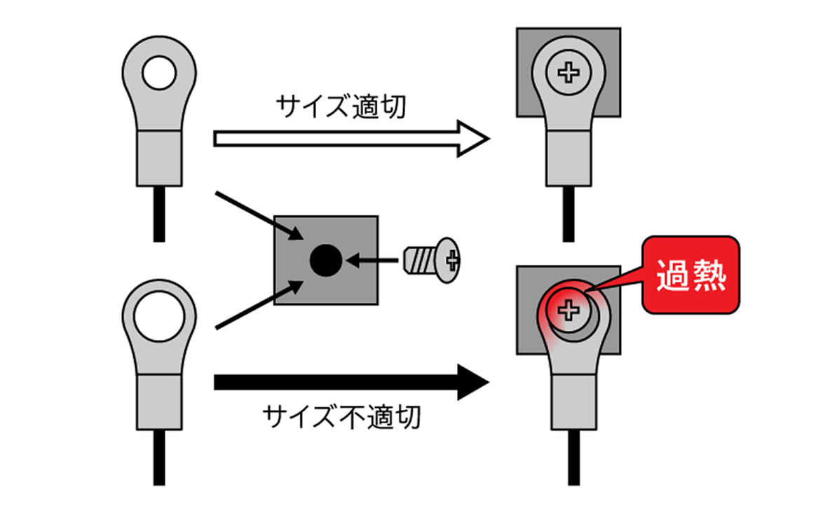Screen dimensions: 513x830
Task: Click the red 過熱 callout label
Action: (690, 277)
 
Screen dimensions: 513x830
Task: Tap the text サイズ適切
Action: (341, 107)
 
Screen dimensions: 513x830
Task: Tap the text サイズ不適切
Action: (341, 417)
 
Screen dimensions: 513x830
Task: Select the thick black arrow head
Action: (472, 382)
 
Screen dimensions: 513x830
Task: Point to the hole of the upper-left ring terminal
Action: (158, 72)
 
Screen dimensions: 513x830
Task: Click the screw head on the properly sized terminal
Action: (569, 71)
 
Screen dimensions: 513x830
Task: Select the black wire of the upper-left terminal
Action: (159, 214)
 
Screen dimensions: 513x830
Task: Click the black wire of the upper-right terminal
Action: (569, 214)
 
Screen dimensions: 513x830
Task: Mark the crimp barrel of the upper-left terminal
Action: (158, 157)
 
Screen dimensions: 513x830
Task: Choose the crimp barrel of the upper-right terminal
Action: (569, 158)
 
